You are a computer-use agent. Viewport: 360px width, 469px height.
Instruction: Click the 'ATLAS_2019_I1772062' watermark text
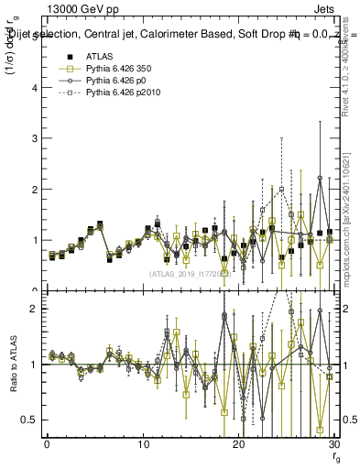point(190,273)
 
